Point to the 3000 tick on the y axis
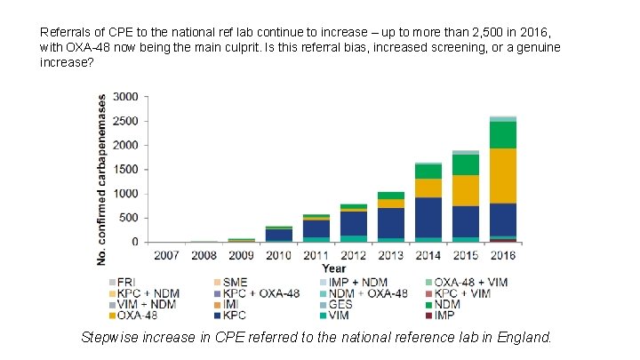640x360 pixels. click(x=126, y=96)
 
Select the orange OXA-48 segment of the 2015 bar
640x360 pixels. click(x=465, y=190)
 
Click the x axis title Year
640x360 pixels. click(x=333, y=268)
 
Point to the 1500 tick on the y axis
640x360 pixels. click(x=126, y=169)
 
